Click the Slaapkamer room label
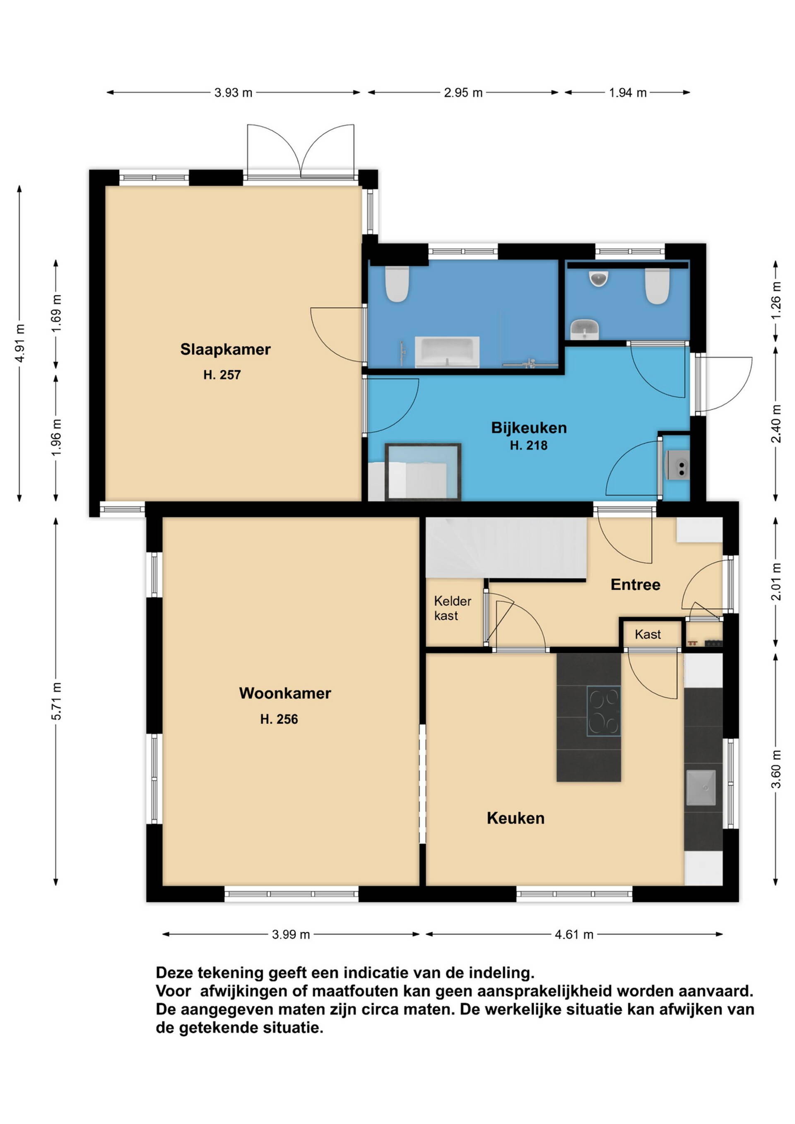(x=225, y=350)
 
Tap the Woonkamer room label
(x=285, y=693)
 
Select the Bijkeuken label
(x=529, y=428)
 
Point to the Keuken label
(x=516, y=818)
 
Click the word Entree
(x=636, y=584)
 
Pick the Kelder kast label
(x=452, y=608)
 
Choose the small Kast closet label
(x=648, y=634)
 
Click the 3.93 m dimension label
(x=233, y=92)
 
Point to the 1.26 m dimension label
(x=776, y=301)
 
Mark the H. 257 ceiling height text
(x=222, y=375)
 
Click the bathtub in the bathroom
(x=447, y=352)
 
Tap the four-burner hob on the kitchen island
(x=604, y=711)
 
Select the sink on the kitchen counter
(x=701, y=788)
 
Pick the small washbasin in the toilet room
(x=585, y=328)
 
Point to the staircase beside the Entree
(x=506, y=548)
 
